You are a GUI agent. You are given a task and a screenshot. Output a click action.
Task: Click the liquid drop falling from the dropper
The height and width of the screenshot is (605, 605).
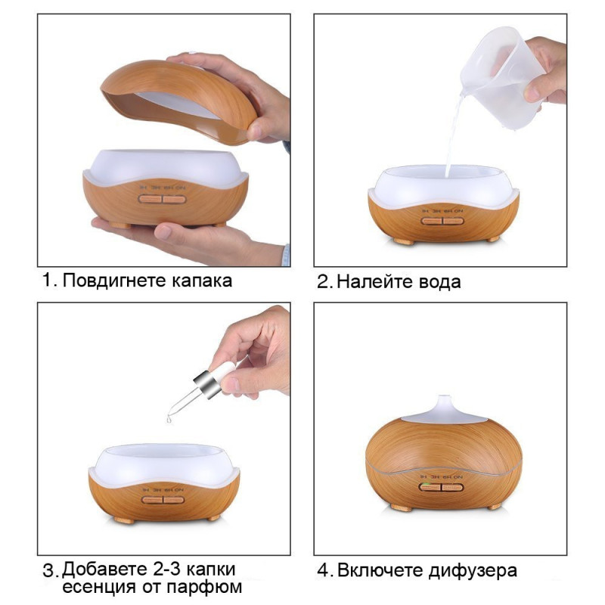pos(169,419)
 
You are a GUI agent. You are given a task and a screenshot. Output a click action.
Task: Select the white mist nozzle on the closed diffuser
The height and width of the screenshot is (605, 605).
pos(444,410)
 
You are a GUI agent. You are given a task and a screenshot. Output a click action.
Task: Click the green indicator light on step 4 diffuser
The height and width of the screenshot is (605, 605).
pos(424,485)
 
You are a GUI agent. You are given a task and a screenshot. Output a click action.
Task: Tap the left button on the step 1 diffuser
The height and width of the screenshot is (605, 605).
pos(150,199)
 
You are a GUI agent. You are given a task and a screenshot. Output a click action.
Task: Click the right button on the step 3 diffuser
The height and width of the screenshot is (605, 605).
pos(174,500)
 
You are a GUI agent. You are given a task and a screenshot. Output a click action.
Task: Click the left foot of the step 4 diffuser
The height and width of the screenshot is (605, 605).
pos(402,507)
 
